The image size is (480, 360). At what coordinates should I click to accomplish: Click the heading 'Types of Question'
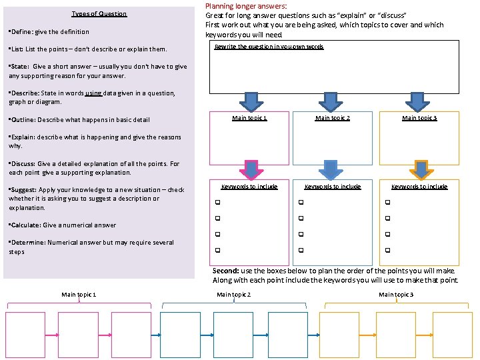(x=99, y=14)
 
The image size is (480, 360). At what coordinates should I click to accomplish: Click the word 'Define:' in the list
(x=21, y=32)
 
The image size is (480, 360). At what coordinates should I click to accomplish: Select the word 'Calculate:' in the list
(x=24, y=225)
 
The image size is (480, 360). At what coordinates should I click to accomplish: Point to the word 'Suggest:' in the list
(x=23, y=190)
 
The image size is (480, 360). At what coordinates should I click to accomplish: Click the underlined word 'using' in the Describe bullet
(x=93, y=93)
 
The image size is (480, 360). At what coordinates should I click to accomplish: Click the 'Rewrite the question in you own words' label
(x=269, y=47)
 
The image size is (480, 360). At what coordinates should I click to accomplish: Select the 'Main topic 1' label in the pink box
(x=249, y=118)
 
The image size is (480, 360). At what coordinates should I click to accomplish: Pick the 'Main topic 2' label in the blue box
(x=333, y=118)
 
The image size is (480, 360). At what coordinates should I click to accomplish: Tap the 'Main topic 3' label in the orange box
(x=419, y=118)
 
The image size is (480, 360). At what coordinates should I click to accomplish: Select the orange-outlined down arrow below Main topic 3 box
(x=421, y=169)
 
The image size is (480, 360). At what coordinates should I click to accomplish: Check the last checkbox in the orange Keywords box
(x=387, y=251)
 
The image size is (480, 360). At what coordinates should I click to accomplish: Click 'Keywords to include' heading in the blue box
(x=333, y=187)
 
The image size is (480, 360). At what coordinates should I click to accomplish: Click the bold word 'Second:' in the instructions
(x=226, y=271)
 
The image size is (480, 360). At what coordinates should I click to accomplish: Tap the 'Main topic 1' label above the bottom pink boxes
(x=79, y=295)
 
